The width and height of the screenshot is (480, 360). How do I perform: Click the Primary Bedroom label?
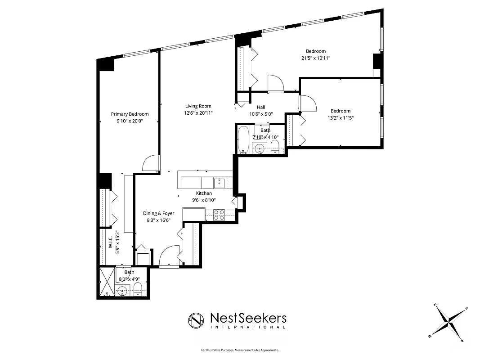coord(130,114)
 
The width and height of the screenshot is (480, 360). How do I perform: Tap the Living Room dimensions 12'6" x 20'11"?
coord(198,113)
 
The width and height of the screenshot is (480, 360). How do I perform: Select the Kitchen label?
coord(204,193)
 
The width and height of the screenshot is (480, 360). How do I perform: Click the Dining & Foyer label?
coord(158,213)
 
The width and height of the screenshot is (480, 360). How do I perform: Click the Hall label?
coord(261,107)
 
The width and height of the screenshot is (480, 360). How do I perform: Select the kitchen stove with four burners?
coord(219,215)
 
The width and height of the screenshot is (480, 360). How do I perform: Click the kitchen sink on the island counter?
coord(220,182)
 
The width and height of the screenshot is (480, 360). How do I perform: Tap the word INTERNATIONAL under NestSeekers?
coord(248,327)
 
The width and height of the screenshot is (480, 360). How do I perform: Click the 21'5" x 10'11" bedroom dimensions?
coord(315,58)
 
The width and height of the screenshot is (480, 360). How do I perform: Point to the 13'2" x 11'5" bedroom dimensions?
coord(340,118)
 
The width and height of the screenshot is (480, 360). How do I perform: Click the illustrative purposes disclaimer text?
coord(240,350)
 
